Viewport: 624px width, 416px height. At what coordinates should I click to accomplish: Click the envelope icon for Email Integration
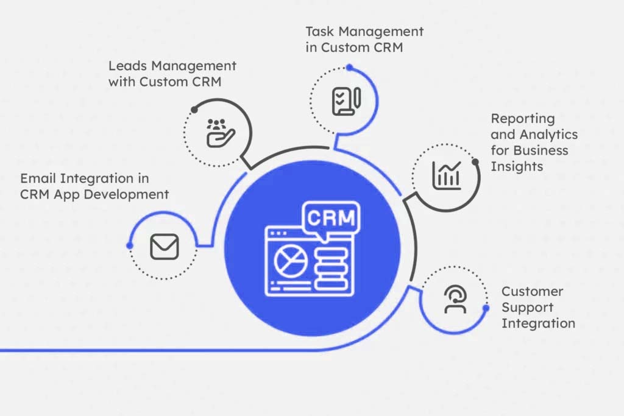pos(164,247)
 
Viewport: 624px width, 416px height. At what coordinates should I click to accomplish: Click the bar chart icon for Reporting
pos(447,174)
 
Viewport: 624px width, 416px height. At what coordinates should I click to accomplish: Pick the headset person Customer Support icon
pos(455,299)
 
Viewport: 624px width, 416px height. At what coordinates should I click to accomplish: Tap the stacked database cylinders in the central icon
pos(330,270)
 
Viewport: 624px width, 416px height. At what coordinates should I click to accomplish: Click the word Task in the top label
pos(320,32)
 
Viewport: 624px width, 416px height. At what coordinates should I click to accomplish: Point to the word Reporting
pos(523,119)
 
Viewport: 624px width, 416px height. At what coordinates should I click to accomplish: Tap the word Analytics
pos(548,135)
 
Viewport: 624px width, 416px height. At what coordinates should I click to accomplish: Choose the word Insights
pos(517,166)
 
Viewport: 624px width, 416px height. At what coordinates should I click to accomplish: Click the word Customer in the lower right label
pos(532,292)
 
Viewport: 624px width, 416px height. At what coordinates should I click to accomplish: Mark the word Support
pos(527,308)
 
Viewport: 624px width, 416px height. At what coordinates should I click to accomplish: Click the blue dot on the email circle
pos(129,245)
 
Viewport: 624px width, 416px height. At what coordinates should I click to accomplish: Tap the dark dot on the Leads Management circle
pos(194,109)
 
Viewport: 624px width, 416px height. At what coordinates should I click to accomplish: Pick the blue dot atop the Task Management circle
pos(349,67)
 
